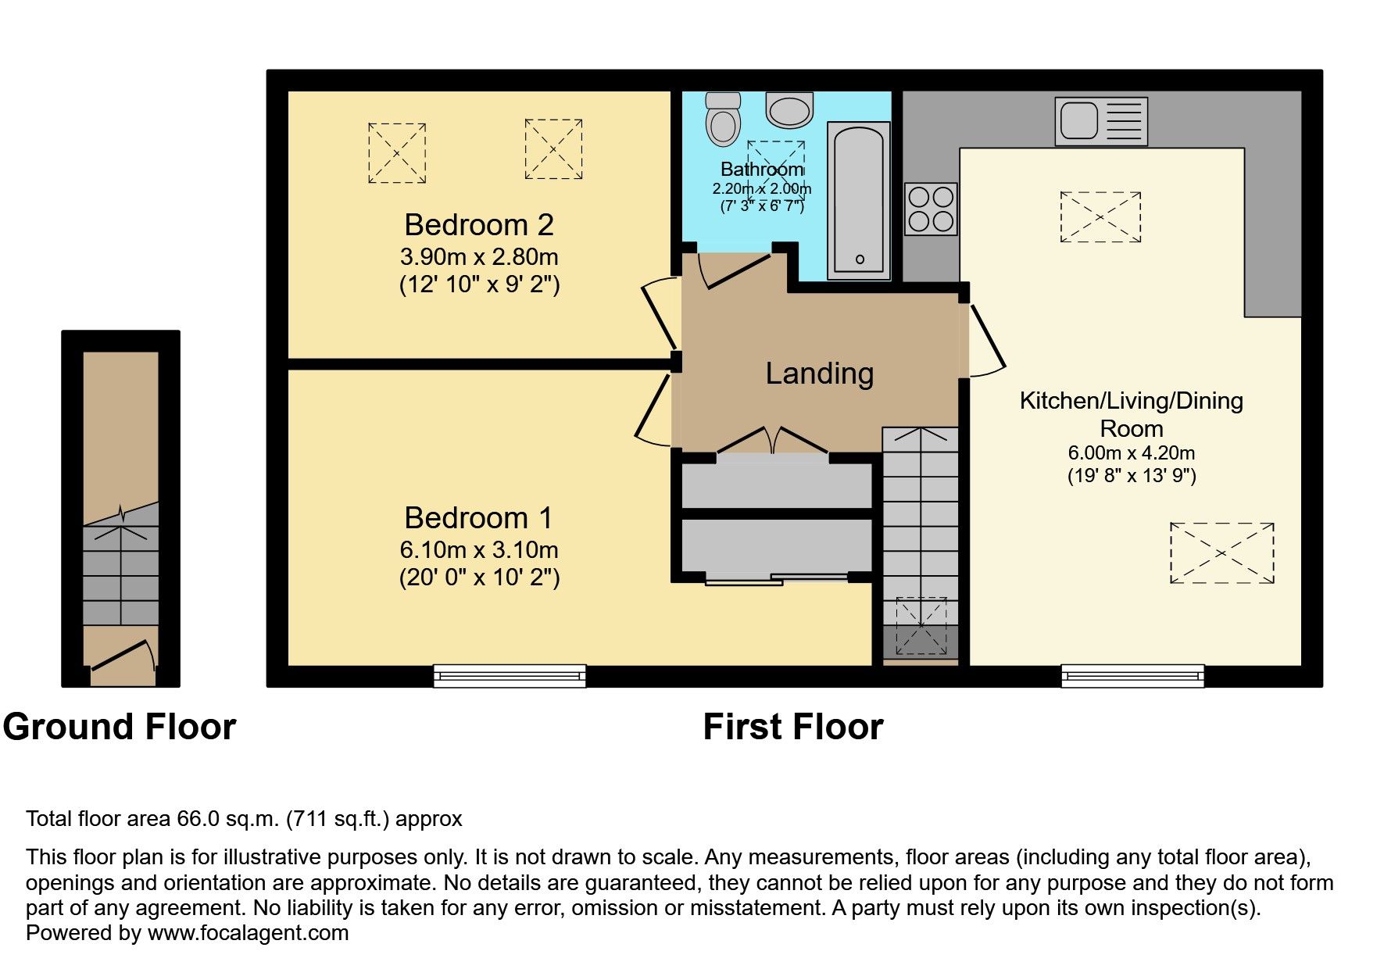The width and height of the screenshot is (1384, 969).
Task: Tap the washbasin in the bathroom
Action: point(789,109)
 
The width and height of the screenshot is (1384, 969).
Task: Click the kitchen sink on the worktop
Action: point(1100,121)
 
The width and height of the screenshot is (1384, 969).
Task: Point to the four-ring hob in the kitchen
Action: point(932,209)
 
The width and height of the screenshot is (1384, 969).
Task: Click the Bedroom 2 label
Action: point(478,225)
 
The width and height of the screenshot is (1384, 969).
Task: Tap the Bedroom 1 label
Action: point(478,518)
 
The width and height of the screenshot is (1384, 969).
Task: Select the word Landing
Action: point(819,374)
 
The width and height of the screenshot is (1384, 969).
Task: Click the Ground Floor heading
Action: point(119,727)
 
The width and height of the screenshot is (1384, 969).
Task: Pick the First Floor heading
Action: point(792,727)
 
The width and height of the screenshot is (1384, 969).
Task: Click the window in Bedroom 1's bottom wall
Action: point(510,676)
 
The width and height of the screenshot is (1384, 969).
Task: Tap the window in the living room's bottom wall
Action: point(1132,676)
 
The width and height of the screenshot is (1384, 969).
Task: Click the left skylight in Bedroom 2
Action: point(397,153)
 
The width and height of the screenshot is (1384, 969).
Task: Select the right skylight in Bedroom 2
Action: point(553,149)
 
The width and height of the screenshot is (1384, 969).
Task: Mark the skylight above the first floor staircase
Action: point(921,625)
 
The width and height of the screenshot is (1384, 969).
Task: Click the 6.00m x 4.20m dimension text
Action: point(1131,453)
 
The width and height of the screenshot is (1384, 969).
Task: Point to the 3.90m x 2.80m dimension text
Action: point(478,256)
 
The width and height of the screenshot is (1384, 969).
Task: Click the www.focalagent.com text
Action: point(248,933)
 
